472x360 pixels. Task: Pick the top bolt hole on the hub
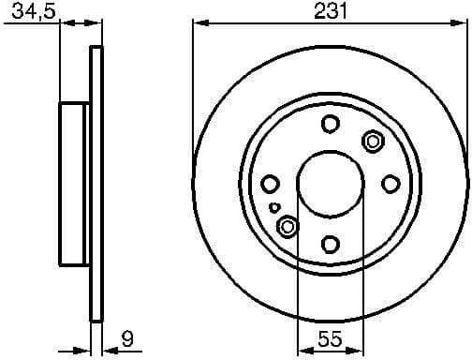[330, 124]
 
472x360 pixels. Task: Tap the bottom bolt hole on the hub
[330, 245]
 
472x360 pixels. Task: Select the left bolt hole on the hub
[270, 185]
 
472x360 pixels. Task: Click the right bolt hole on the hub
[390, 185]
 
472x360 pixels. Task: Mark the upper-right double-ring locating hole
[373, 142]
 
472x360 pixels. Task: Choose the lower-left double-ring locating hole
[288, 227]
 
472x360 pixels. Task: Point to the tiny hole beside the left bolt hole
[273, 207]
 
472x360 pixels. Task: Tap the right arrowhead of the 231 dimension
[462, 23]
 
